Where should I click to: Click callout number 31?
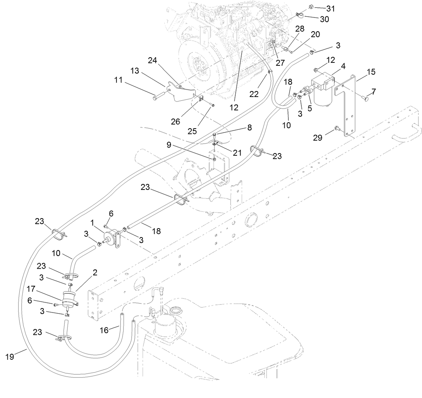(x=330, y=8)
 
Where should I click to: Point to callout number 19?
(x=10, y=356)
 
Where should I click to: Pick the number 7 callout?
(x=374, y=90)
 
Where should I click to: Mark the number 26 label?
(x=175, y=122)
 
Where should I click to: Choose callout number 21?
(x=238, y=152)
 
